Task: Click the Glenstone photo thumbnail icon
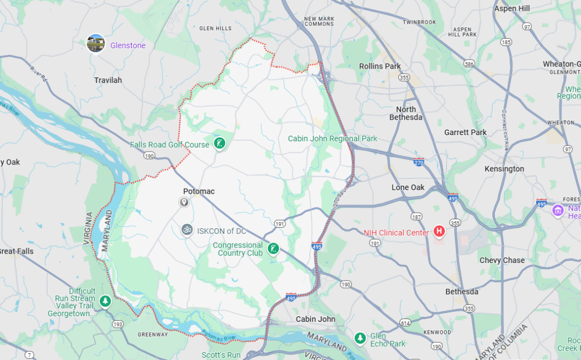click(95, 43)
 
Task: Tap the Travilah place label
click(108, 80)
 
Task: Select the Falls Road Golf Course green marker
click(220, 144)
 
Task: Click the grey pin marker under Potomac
click(184, 202)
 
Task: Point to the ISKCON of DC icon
click(187, 230)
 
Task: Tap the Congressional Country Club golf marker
click(273, 248)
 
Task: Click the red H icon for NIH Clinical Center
click(439, 231)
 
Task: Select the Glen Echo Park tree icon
click(360, 338)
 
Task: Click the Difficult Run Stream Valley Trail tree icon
click(104, 301)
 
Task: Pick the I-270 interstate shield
click(419, 162)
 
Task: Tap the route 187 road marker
click(417, 217)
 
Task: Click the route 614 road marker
click(405, 323)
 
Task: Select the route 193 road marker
click(118, 324)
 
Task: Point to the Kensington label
click(504, 169)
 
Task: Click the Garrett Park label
click(465, 132)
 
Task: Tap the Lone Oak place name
click(408, 187)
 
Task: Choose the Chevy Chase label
click(502, 260)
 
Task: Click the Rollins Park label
click(380, 66)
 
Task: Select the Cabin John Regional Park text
click(332, 139)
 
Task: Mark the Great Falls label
click(16, 251)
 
